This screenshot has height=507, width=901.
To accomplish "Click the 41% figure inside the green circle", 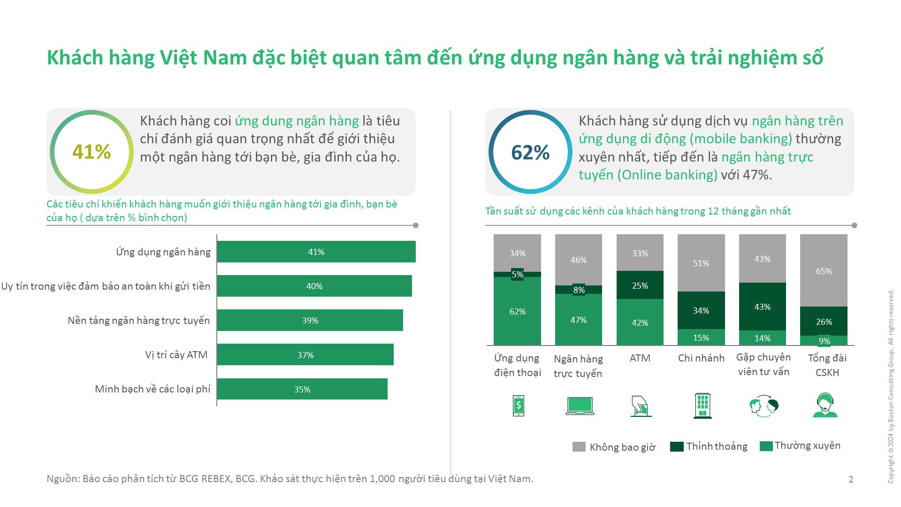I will click(92, 152).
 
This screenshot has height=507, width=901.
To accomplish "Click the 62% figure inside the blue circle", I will click(530, 153).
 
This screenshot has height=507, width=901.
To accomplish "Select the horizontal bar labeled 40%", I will click(314, 286).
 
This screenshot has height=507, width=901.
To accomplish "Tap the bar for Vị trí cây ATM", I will click(305, 355).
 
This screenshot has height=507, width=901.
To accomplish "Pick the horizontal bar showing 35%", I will click(302, 389).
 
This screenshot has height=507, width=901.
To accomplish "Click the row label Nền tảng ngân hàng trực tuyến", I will click(139, 321).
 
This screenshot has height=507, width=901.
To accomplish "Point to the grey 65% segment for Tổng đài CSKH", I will click(824, 271).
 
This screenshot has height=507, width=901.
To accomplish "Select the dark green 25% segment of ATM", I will click(640, 285).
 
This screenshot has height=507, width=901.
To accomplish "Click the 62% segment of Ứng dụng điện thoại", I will click(517, 312).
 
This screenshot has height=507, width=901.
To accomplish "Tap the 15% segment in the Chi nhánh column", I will click(701, 338).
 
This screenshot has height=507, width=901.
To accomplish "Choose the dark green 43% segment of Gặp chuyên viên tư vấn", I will click(762, 307).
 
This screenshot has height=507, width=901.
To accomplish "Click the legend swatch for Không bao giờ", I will click(579, 446).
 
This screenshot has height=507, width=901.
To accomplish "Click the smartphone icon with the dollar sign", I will click(518, 406).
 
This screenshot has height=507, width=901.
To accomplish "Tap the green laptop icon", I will click(580, 406).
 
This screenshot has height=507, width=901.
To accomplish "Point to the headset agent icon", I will click(825, 406).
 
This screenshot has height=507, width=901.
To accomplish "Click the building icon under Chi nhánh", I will click(702, 406).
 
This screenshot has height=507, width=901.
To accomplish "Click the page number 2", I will click(851, 479).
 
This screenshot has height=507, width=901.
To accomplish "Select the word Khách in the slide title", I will click(75, 58).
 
